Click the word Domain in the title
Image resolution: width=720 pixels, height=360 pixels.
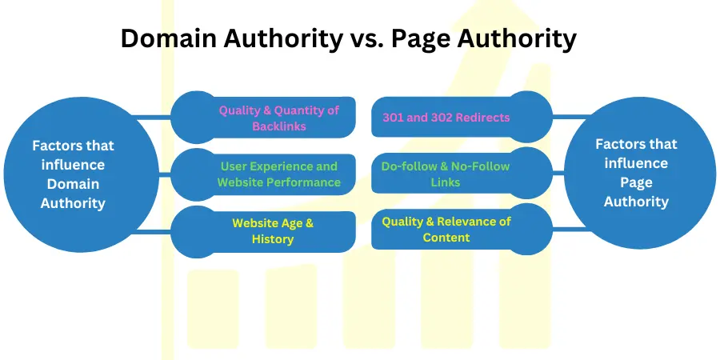pyautogui.click(x=169, y=38)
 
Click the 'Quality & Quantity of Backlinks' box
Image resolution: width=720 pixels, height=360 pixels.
pyautogui.click(x=263, y=118)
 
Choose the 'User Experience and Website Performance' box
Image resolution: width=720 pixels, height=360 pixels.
pyautogui.click(x=263, y=174)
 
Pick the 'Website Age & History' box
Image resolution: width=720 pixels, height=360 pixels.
pyautogui.click(x=263, y=232)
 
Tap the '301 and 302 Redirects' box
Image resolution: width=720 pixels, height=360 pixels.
pyautogui.click(x=462, y=117)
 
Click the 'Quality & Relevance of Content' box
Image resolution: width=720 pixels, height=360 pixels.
pyautogui.click(x=462, y=229)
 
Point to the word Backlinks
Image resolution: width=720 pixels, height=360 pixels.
pyautogui.click(x=279, y=126)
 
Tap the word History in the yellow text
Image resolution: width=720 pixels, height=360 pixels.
pyautogui.click(x=273, y=239)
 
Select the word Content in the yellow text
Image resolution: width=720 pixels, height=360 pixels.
pyautogui.click(x=446, y=238)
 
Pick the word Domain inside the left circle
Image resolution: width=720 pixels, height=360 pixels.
pyautogui.click(x=74, y=184)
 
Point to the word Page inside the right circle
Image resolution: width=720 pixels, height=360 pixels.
pyautogui.click(x=637, y=183)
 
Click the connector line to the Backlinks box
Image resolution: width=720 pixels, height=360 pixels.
pyautogui.click(x=151, y=117)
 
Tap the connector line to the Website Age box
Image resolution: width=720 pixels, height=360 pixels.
pyautogui.click(x=154, y=232)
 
